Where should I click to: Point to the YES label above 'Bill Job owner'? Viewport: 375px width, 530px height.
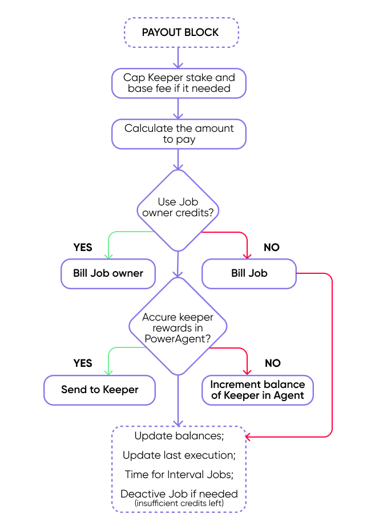tap(83, 248)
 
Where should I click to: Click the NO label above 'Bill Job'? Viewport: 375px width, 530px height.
tap(272, 248)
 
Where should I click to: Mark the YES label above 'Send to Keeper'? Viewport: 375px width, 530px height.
tap(83, 363)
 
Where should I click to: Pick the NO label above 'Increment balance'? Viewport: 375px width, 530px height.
tap(272, 363)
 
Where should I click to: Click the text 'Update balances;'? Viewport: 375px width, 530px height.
tap(179, 436)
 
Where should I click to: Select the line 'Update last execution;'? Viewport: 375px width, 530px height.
tap(179, 455)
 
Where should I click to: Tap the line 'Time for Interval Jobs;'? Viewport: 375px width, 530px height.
tap(179, 475)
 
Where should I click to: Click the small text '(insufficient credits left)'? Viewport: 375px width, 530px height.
tap(179, 503)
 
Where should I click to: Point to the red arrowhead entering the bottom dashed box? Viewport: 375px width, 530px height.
tap(248, 437)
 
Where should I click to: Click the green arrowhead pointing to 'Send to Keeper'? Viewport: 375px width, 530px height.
tap(108, 373)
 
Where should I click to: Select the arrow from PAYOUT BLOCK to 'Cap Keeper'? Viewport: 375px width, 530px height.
tap(178, 58)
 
